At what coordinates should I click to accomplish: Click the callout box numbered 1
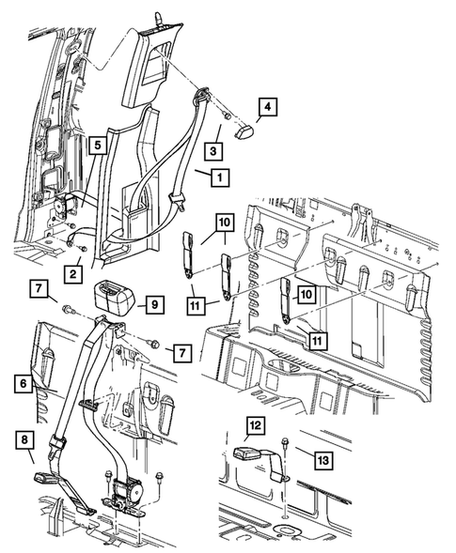[218, 176]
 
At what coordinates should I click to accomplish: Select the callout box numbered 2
[71, 272]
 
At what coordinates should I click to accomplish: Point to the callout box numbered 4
[266, 109]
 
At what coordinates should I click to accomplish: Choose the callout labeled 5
[96, 146]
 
